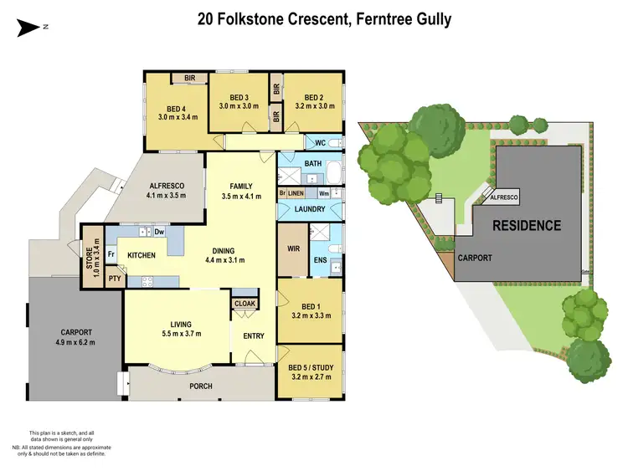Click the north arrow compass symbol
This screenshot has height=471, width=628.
[31, 28]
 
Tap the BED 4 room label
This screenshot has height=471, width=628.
[177, 108]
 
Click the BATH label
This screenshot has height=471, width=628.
[313, 162]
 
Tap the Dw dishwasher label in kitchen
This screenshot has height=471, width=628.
[158, 232]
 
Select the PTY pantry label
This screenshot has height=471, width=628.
[112, 279]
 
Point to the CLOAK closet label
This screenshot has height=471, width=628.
[245, 304]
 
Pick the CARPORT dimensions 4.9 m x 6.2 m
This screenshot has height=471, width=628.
[75, 342]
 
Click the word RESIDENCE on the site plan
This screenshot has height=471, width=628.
[526, 225]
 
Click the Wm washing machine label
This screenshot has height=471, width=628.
[323, 192]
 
